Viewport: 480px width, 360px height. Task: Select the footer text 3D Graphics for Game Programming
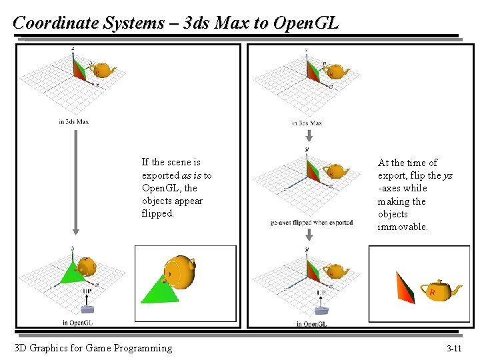point(93,348)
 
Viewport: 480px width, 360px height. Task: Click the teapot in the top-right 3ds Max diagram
point(339,71)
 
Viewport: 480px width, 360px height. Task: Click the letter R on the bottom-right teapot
point(433,292)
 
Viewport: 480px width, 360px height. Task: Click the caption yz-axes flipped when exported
point(312,223)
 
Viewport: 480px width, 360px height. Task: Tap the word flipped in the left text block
point(157,214)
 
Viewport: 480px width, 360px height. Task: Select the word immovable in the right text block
point(403,227)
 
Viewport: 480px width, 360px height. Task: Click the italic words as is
point(192,175)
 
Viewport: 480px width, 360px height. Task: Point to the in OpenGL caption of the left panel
point(78,323)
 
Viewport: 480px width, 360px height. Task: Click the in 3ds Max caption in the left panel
point(73,121)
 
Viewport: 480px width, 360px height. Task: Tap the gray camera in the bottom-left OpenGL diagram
point(86,307)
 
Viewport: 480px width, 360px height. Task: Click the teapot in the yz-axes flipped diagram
point(339,171)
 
